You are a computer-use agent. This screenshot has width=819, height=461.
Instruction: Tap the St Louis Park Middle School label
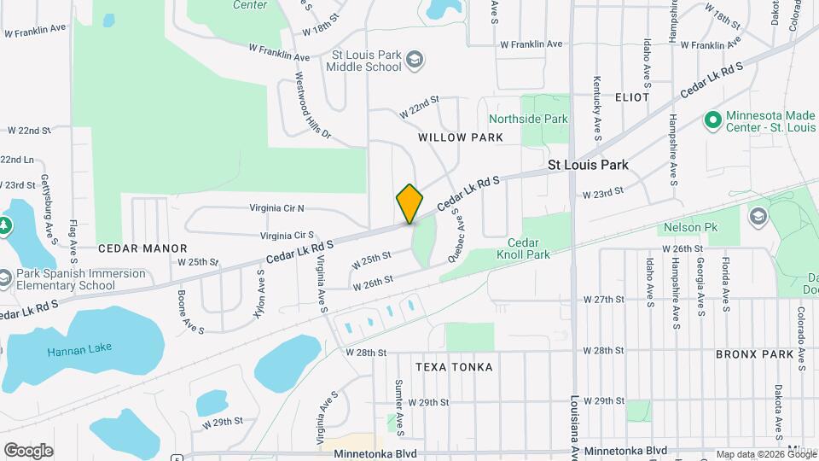(x=366, y=61)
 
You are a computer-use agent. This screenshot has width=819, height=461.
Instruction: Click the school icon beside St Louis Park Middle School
(x=415, y=60)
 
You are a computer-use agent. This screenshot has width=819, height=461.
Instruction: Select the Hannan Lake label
(x=79, y=350)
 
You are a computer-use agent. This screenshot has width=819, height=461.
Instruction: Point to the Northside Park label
(x=528, y=120)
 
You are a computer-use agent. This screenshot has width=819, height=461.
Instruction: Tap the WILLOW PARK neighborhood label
(x=460, y=137)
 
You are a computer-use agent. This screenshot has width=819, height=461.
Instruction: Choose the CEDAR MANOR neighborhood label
(x=142, y=248)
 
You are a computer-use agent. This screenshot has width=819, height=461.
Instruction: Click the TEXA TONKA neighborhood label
(x=454, y=367)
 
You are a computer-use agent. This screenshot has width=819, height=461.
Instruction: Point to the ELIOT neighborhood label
(x=632, y=97)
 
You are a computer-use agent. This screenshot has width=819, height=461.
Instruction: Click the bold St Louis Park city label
(x=588, y=165)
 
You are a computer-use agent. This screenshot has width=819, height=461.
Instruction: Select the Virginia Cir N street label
(x=276, y=208)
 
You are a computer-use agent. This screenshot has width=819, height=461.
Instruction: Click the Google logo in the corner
(x=28, y=450)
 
